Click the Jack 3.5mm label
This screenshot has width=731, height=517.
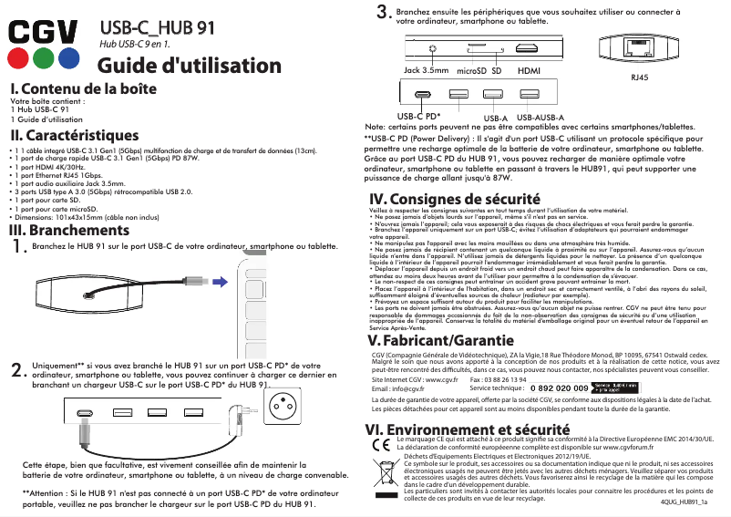click(x=427, y=70)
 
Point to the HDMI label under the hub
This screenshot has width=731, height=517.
click(x=529, y=70)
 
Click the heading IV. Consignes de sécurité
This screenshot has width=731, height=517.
click(x=448, y=199)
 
